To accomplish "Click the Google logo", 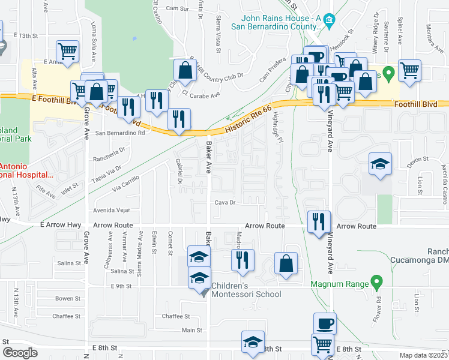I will pos(20,353).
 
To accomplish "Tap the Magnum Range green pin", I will pos(376,280).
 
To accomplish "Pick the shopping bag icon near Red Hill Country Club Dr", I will pos(185,71).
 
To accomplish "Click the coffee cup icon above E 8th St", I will pos(325,323).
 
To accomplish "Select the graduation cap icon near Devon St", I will pos(379,163).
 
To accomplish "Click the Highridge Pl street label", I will pos(277,126).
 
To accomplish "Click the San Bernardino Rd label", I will pos(120,133).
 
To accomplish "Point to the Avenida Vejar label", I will pos(110,211).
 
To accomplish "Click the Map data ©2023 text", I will pos(423,355).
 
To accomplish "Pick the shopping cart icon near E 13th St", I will pos(68,51).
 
